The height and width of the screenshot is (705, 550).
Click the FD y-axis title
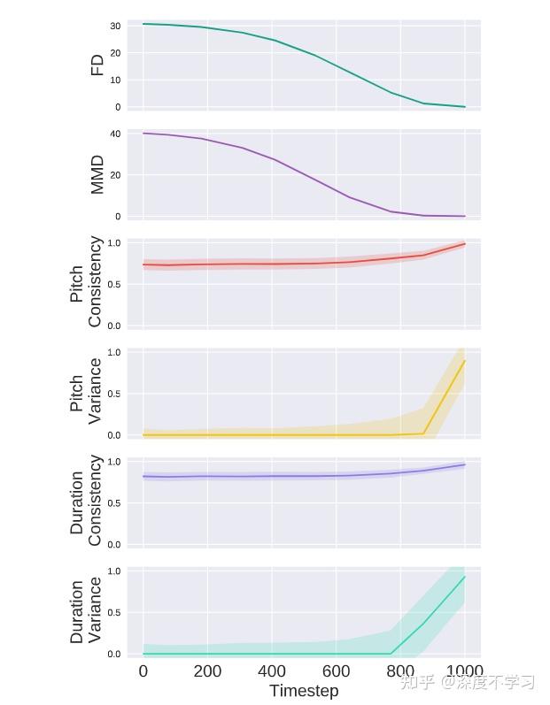point(97,65)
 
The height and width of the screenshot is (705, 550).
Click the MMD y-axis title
point(97,174)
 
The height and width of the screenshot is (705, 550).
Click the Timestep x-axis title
point(304,691)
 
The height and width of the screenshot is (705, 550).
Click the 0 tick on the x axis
point(143,671)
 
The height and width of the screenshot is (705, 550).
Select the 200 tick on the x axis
point(207,671)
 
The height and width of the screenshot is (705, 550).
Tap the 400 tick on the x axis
point(272,671)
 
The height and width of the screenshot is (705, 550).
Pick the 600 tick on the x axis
point(336,671)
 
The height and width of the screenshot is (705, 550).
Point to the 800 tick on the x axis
point(400,671)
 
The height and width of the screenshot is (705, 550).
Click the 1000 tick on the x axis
point(464,671)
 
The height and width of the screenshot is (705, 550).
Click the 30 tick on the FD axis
point(115,27)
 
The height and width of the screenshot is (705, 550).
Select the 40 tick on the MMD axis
point(115,134)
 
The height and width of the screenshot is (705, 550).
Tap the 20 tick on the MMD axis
point(115,175)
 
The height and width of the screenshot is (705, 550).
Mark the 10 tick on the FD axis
point(115,80)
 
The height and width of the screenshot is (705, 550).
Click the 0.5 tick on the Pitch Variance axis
point(113,394)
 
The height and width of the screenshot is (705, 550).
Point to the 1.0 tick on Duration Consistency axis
point(113,462)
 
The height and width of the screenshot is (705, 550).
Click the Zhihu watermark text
point(468,682)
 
